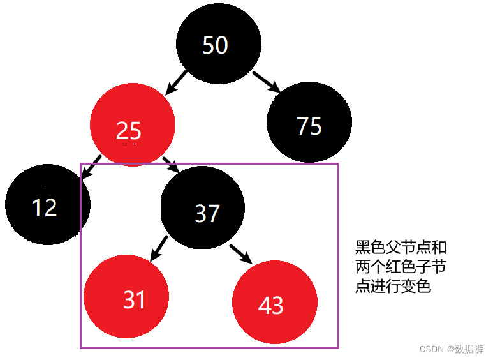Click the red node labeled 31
point(126,296)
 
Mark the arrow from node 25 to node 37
point(171,165)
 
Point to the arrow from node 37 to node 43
point(240,251)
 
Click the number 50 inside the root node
point(215,45)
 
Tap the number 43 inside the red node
point(271,306)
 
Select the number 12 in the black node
point(45,208)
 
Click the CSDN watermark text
point(452,349)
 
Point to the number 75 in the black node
point(309,126)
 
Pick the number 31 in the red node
point(135,299)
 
